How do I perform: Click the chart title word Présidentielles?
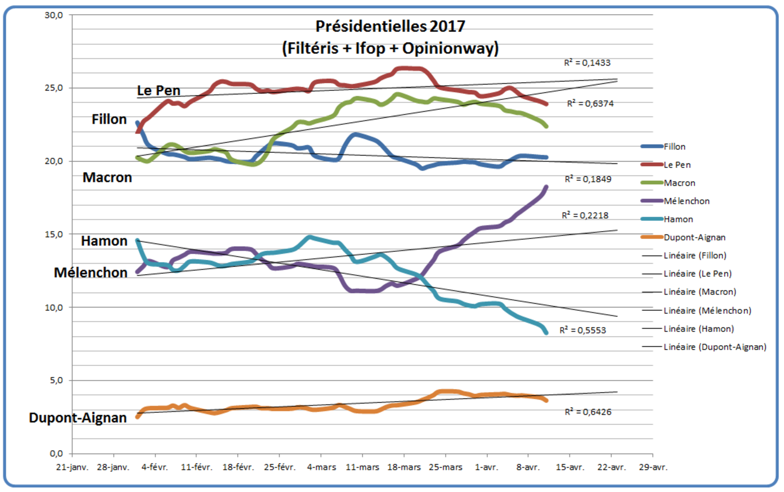(x=371, y=26)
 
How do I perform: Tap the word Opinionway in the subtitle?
(x=450, y=48)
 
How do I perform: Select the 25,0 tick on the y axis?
(x=54, y=88)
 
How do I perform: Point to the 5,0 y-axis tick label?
(x=56, y=380)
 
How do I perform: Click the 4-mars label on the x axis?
(x=321, y=467)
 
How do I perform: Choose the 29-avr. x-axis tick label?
(x=653, y=467)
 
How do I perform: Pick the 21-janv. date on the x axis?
(x=72, y=467)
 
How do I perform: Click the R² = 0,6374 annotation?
(x=590, y=104)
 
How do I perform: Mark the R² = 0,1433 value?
(x=587, y=63)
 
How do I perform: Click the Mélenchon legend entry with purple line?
(x=686, y=201)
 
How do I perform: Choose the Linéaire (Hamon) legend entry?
(x=698, y=329)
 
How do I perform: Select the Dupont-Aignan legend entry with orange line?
(x=694, y=238)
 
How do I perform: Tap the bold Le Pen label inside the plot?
(x=159, y=90)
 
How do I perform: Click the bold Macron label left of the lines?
(x=107, y=177)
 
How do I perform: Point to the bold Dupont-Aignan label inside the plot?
(x=78, y=418)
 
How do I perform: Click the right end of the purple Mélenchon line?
(x=546, y=187)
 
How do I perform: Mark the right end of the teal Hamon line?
(x=546, y=333)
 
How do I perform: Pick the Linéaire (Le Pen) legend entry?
(x=697, y=274)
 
